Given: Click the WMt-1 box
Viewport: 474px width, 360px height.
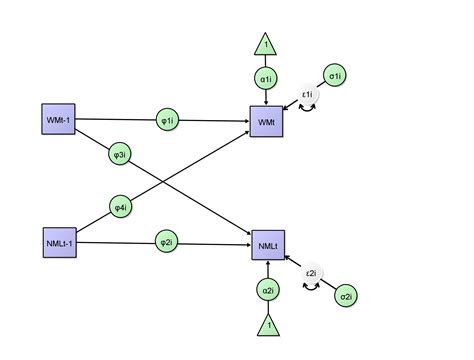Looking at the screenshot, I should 56,120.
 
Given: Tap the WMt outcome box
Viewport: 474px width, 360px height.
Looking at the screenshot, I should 267,120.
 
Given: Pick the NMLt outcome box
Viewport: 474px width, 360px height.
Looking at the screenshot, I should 267,243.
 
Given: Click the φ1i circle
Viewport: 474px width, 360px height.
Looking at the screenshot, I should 167,120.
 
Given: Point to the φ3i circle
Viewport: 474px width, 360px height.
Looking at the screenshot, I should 119,155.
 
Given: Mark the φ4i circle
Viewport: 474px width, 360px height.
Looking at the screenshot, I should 119,207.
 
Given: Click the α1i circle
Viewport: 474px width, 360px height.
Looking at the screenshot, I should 267,78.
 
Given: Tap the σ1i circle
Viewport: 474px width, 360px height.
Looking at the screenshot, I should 335,75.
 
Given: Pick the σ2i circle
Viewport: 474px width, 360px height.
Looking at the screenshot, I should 345,297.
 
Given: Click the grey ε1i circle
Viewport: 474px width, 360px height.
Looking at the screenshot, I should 308,95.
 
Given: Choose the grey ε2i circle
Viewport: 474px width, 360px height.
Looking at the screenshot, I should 311,274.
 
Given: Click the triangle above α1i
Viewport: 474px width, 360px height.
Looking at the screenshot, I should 267,44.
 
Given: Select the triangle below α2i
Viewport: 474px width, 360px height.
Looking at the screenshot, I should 267,325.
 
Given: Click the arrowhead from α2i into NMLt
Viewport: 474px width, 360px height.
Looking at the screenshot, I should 267,263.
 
